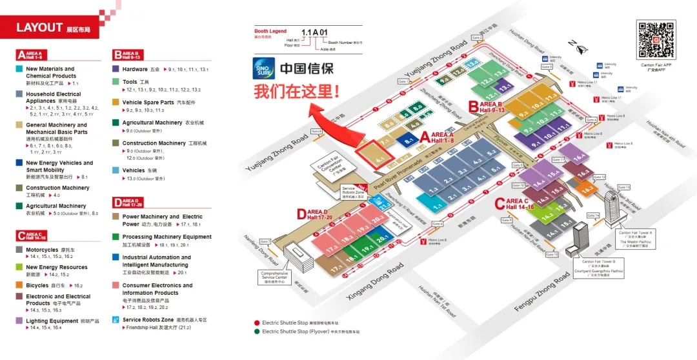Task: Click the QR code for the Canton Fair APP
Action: click(x=656, y=40)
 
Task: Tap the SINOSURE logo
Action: click(x=264, y=68)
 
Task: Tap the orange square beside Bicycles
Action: click(x=20, y=285)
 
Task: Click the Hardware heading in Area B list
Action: click(x=135, y=69)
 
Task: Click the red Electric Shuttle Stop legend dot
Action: click(x=257, y=323)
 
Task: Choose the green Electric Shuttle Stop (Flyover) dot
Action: click(x=257, y=332)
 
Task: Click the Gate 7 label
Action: click(x=265, y=242)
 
